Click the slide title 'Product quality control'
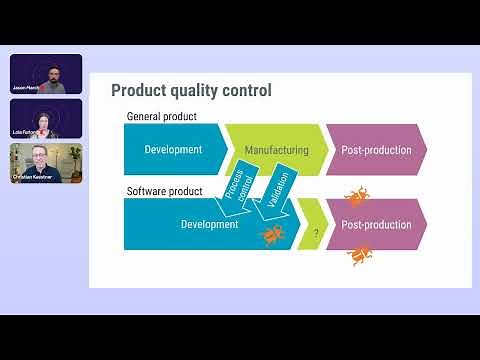tap(191, 90)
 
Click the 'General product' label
tap(160, 116)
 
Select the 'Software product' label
tap(163, 190)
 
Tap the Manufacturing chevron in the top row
tap(276, 150)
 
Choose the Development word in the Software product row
tap(209, 225)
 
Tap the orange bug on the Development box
tap(270, 235)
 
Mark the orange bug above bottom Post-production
tap(357, 198)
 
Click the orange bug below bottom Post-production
tap(359, 255)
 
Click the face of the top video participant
tap(46, 71)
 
